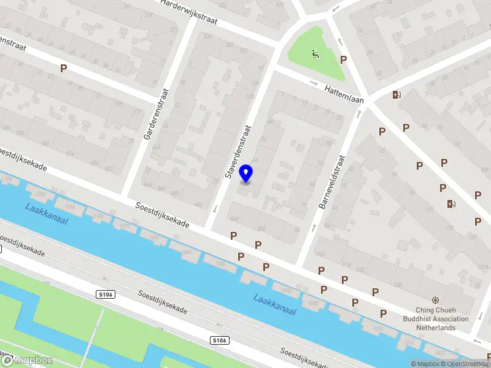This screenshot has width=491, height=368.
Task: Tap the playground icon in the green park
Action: point(315,55)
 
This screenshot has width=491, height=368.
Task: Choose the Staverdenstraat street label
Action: point(239,151)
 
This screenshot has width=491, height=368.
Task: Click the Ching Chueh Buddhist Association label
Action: point(435,319)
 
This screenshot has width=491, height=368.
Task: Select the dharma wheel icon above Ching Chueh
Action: point(435,301)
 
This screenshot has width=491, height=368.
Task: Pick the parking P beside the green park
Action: point(344,60)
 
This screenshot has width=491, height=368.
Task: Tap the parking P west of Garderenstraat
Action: point(63,69)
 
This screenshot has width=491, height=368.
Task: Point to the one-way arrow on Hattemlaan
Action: point(314,83)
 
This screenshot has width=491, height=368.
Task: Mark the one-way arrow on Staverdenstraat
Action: point(215,209)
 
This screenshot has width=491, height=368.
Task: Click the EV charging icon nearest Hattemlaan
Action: point(396,94)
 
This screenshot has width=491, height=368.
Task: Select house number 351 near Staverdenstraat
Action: point(243,51)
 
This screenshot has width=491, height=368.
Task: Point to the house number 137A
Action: point(347,265)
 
